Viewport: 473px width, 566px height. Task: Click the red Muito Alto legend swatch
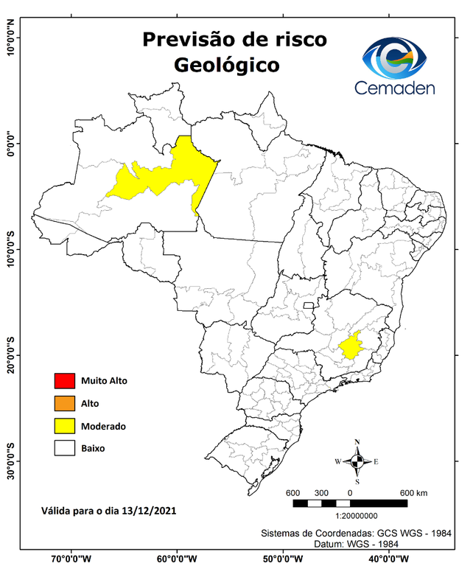pyautogui.click(x=64, y=381)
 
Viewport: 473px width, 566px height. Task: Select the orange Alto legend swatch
pyautogui.click(x=64, y=403)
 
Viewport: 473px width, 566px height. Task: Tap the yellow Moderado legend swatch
pyautogui.click(x=64, y=425)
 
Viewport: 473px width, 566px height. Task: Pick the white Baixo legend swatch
pyautogui.click(x=64, y=447)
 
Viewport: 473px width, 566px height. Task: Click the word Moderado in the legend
pyautogui.click(x=103, y=426)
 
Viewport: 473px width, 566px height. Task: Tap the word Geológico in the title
pyautogui.click(x=226, y=65)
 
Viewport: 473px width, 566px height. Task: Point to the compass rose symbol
pyautogui.click(x=357, y=461)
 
